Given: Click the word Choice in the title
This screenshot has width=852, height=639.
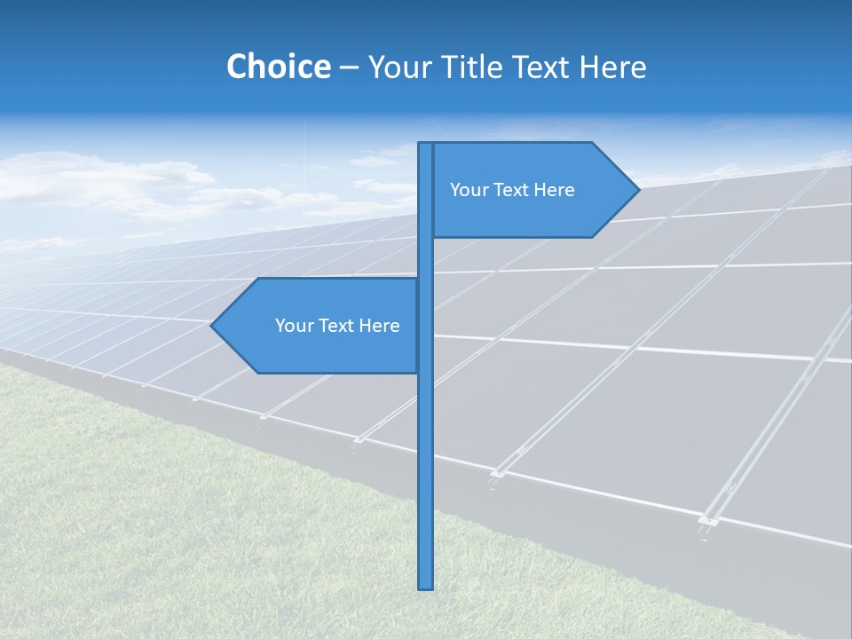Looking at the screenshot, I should point(278,67).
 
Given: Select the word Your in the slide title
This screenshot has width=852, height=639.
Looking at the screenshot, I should point(398,67).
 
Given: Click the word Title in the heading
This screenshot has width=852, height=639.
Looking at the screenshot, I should point(474,67).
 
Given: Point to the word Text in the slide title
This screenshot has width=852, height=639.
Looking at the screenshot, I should point(543,67).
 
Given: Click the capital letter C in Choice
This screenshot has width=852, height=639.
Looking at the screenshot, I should point(237,67).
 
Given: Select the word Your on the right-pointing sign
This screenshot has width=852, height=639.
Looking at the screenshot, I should point(468,190).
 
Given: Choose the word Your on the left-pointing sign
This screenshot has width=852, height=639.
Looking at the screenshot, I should point(293,326).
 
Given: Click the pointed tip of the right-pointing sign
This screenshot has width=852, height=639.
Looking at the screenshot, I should point(637,189).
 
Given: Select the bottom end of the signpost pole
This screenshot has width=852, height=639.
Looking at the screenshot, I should point(426,586).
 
